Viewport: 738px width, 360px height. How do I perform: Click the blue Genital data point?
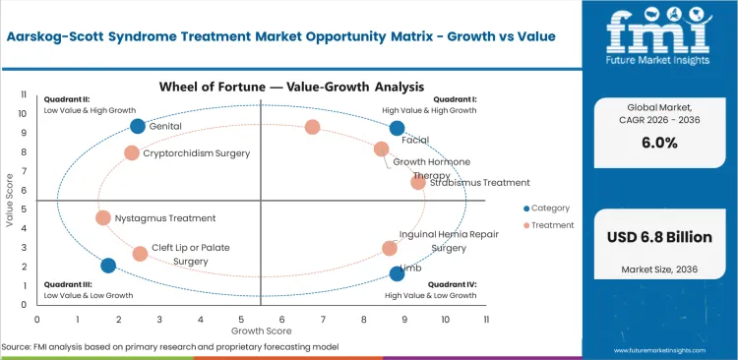138,126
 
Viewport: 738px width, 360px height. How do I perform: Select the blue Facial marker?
397,128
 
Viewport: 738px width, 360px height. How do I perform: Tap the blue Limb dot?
397,273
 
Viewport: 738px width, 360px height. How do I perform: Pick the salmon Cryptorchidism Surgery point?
132,152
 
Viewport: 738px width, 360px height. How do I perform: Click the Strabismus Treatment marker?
418,182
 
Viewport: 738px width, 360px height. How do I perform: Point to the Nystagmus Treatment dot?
103,217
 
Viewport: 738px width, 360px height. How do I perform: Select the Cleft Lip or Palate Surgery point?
140,253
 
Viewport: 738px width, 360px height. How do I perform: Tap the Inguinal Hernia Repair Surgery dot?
390,249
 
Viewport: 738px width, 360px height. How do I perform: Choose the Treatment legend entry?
552,225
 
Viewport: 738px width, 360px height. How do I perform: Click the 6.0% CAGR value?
665,168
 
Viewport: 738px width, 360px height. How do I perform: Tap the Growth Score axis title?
261,331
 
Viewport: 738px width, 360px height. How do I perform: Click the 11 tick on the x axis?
486,319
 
